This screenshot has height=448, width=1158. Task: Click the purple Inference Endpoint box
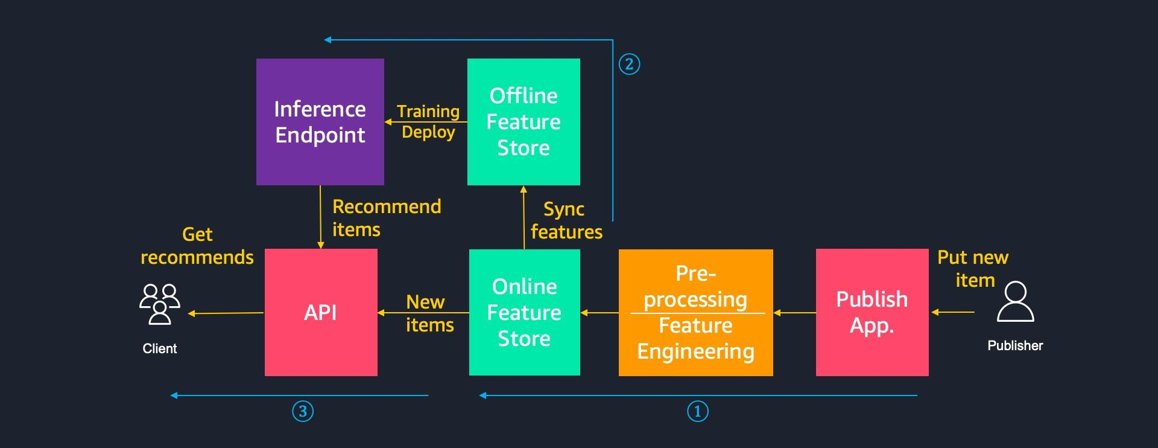pyautogui.click(x=320, y=121)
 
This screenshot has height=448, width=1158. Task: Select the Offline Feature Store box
pyautogui.click(x=524, y=121)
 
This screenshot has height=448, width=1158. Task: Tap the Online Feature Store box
pyautogui.click(x=524, y=312)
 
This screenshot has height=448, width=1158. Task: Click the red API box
pyautogui.click(x=321, y=312)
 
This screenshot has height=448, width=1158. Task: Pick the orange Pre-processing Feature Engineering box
pyautogui.click(x=695, y=312)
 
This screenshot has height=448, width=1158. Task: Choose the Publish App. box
pyautogui.click(x=872, y=312)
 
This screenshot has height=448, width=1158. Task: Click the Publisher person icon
pyautogui.click(x=1015, y=302)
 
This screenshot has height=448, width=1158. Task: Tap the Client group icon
pyautogui.click(x=160, y=304)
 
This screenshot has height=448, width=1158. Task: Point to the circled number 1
pyautogui.click(x=698, y=412)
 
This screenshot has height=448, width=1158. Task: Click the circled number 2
pyautogui.click(x=629, y=64)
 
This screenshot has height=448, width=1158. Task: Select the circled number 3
pyautogui.click(x=303, y=412)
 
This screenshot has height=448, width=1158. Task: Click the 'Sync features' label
pyautogui.click(x=566, y=220)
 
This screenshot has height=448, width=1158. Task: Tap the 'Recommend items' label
pyautogui.click(x=386, y=218)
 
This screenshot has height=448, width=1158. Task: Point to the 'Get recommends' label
pyautogui.click(x=197, y=246)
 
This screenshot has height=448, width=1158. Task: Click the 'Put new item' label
pyautogui.click(x=973, y=269)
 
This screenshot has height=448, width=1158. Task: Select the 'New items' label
pyautogui.click(x=429, y=313)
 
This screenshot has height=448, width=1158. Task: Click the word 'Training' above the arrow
pyautogui.click(x=428, y=111)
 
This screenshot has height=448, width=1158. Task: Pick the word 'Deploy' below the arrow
pyautogui.click(x=428, y=132)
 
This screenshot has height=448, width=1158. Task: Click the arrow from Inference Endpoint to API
pyautogui.click(x=320, y=217)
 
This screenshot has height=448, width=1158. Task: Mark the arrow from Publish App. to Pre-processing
pyautogui.click(x=794, y=313)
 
